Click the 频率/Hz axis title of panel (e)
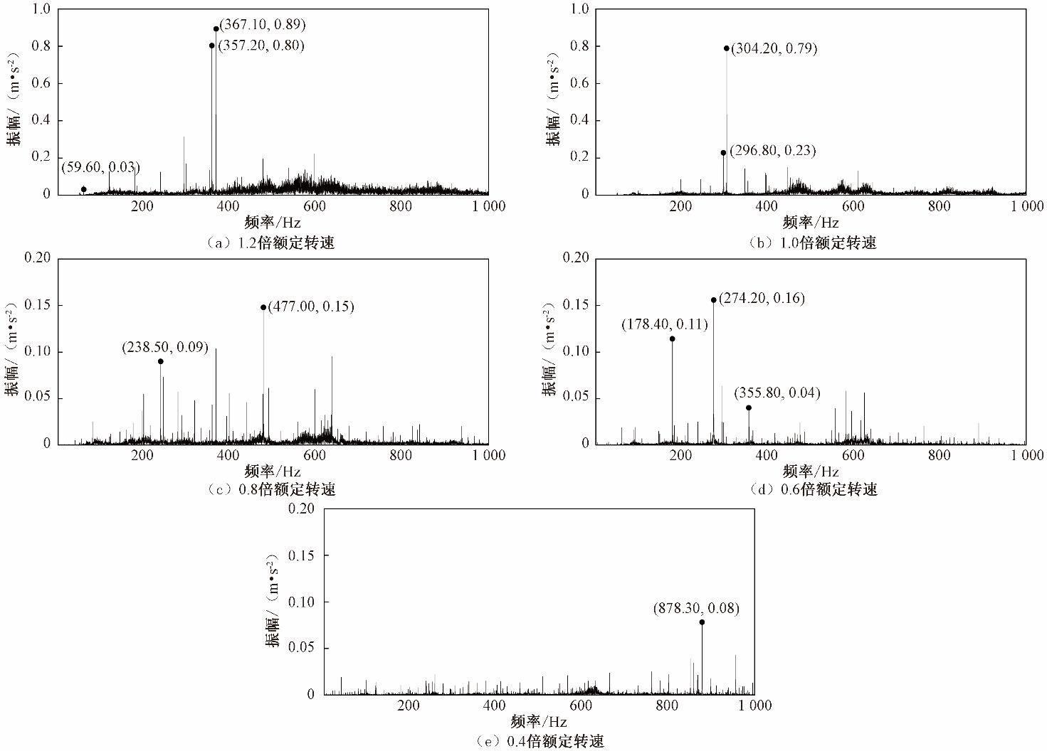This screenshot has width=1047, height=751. (539, 722)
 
